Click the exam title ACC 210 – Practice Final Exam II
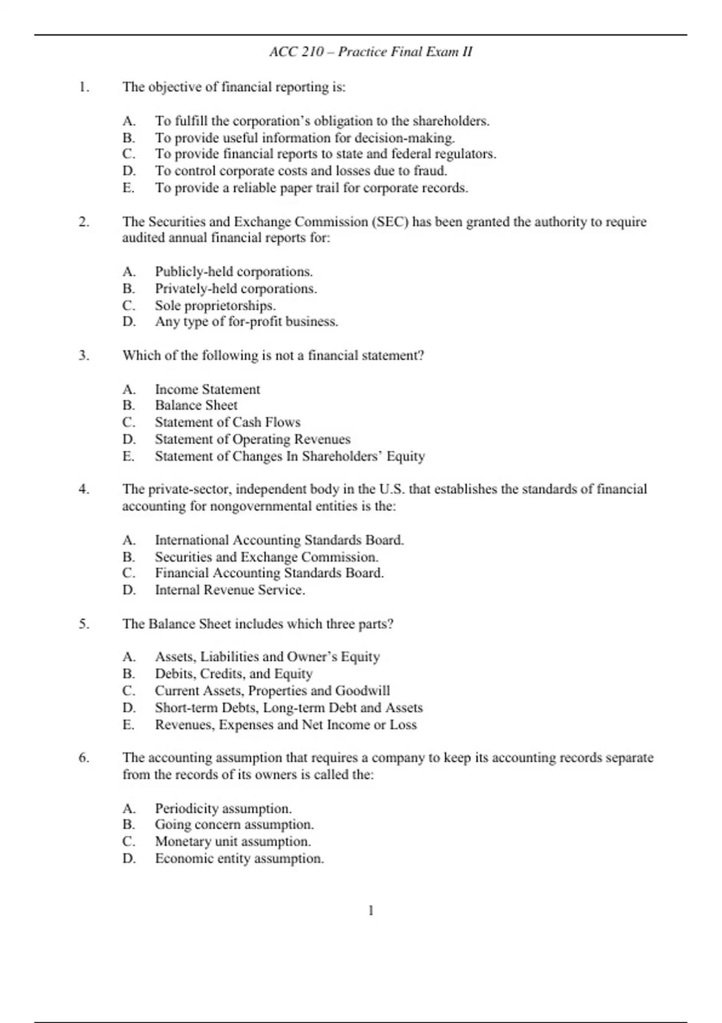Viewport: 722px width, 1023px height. point(371,52)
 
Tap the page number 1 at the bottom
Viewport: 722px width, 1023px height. point(371,910)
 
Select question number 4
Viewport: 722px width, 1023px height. point(84,489)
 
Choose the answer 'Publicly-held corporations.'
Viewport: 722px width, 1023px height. point(233,271)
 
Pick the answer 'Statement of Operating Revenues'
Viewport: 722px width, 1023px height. point(252,439)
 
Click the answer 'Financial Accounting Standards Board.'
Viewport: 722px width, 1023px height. point(269,573)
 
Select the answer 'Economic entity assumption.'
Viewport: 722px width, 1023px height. point(239,859)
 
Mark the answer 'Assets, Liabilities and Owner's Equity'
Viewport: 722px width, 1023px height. point(267,657)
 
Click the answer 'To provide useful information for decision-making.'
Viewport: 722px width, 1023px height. point(304,138)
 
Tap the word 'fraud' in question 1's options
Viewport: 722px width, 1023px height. point(430,171)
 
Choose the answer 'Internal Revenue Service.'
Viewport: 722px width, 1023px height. point(230,590)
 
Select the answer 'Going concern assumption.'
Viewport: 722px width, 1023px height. point(234,824)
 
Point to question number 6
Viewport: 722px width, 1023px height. point(84,758)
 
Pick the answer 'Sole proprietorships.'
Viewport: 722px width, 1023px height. point(215,305)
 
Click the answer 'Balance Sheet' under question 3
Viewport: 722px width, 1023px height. point(196,406)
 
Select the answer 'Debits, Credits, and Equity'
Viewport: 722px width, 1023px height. point(233,674)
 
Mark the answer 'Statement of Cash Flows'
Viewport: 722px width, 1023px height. point(227,422)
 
